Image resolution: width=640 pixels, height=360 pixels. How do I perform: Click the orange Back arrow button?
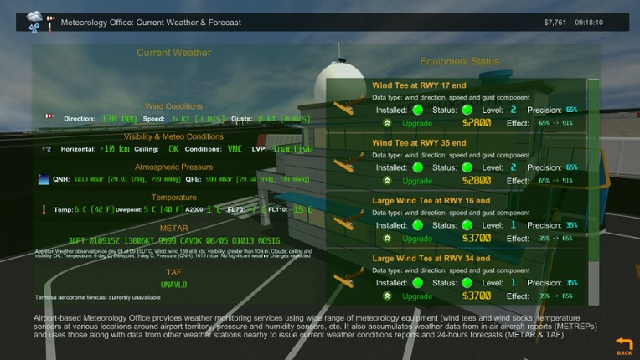pyautogui.click(x=624, y=345)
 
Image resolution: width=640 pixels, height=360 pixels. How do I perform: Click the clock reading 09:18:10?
pyautogui.click(x=589, y=23)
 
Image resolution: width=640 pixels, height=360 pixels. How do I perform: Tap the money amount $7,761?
pyautogui.click(x=555, y=23)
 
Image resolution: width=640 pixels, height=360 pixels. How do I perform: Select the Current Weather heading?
pyautogui.click(x=173, y=53)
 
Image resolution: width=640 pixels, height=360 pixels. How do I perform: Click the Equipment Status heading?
pyautogui.click(x=459, y=61)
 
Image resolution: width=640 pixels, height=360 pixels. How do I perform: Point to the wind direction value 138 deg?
pyautogui.click(x=120, y=119)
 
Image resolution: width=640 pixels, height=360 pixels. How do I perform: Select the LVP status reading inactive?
pyautogui.click(x=292, y=149)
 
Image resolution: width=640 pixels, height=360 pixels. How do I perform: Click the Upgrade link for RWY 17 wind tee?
pyautogui.click(x=417, y=123)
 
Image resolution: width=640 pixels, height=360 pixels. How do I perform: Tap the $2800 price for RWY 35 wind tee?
pyautogui.click(x=476, y=181)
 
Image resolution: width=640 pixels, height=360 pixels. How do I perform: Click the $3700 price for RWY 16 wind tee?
pyautogui.click(x=476, y=239)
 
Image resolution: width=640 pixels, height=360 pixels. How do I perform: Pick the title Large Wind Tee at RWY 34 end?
pyautogui.click(x=431, y=259)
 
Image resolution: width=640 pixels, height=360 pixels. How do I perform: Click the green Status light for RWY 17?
pyautogui.click(x=467, y=110)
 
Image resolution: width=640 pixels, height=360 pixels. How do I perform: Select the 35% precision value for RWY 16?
pyautogui.click(x=571, y=225)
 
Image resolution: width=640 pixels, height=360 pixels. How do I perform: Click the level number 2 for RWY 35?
pyautogui.click(x=514, y=167)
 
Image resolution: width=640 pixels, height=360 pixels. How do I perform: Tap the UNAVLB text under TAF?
pyautogui.click(x=173, y=285)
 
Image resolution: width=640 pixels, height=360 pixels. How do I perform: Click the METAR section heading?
pyautogui.click(x=173, y=228)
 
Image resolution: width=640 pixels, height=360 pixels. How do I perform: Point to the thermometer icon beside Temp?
pyautogui.click(x=44, y=209)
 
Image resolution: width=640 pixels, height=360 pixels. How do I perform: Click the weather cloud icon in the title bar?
pyautogui.click(x=34, y=21)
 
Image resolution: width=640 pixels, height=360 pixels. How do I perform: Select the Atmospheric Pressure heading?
pyautogui.click(x=173, y=167)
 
